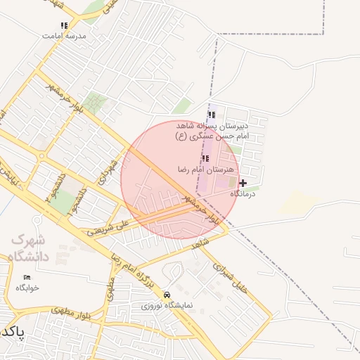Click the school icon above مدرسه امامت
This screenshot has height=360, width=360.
[x=64, y=25]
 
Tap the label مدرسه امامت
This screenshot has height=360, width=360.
[x=65, y=35]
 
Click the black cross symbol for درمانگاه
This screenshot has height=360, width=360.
[x=243, y=183]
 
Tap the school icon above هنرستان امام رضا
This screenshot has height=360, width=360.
[x=205, y=159]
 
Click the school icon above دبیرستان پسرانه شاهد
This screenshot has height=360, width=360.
[x=211, y=115]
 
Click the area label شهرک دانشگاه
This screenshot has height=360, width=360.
[x=30, y=247]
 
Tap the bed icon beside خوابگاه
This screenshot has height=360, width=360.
[x=27, y=277]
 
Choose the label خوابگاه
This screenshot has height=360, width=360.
[x=27, y=288]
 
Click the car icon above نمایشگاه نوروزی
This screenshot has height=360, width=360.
[x=167, y=295]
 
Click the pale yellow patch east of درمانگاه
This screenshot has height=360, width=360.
[x=297, y=204]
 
